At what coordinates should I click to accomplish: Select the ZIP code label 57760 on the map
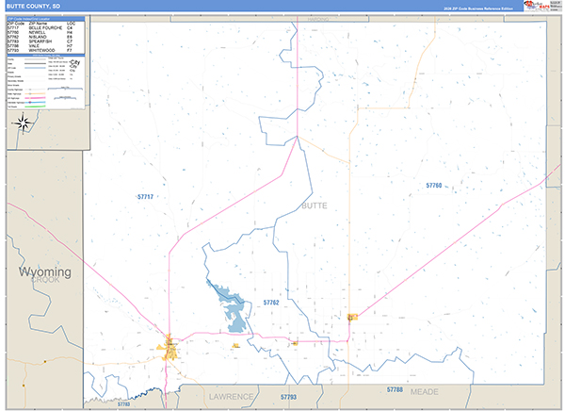pos(433,186)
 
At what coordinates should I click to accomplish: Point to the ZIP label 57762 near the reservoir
pos(271,302)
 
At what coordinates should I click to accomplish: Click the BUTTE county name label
pos(314,205)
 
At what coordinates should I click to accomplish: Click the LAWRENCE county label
pos(232,396)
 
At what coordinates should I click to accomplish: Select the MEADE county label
pos(425,396)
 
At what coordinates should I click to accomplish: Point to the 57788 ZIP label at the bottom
pos(395,388)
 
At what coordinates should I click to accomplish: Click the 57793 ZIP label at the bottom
pos(288,398)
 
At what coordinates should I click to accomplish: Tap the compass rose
pos(24,123)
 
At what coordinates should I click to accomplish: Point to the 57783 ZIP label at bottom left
pos(123,404)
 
